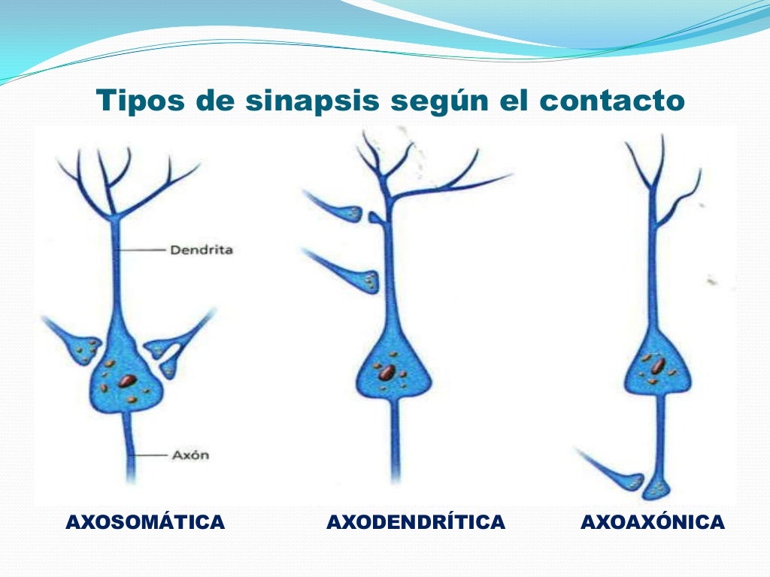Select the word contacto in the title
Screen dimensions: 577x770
611,101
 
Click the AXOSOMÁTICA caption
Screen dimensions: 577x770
145,522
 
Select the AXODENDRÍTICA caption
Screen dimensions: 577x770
415,522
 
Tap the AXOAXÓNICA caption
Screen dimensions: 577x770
653,522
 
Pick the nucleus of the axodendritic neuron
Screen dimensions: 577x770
386,372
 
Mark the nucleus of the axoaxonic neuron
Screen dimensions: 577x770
657,367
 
